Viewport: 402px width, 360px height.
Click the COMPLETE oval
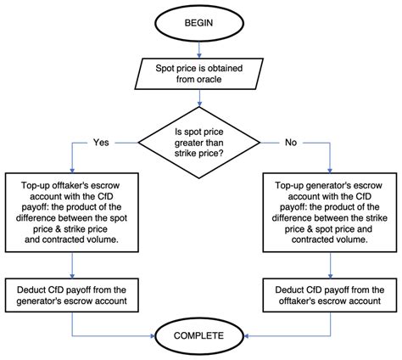201,335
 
